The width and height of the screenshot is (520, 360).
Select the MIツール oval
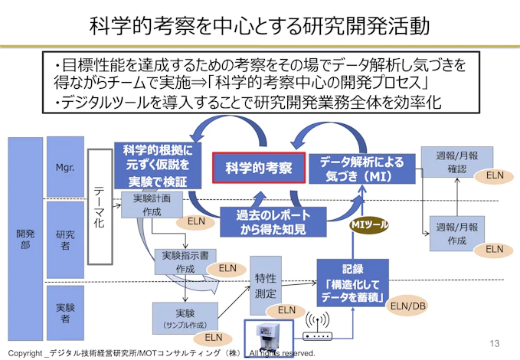coord(370,224)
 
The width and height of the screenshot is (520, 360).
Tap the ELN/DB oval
coord(407,306)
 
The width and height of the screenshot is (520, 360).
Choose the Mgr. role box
coord(65,166)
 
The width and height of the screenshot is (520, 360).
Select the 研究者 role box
coord(65,239)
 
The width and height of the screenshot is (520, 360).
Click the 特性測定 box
coord(266,283)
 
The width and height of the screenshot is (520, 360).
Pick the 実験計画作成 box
coord(152,205)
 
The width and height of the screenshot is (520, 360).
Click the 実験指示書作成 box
coord(185,262)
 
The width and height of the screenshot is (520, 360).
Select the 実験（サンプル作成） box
coord(185,317)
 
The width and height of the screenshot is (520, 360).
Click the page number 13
coord(494,342)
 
